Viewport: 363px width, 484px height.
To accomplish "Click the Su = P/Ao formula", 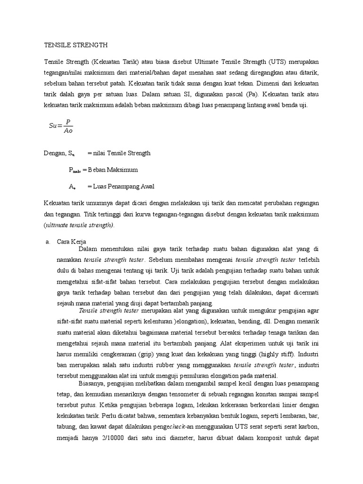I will (61, 125).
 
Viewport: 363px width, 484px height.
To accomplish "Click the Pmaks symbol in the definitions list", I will (74, 170).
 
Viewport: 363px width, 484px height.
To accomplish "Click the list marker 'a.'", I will (48, 242).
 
